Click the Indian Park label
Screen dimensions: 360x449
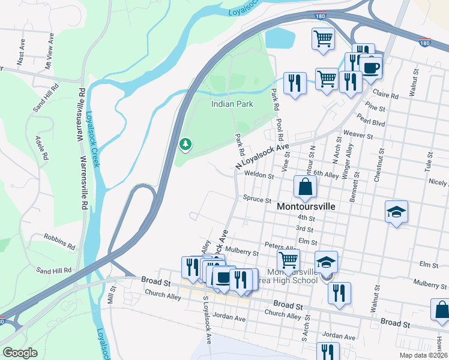pos(232,104)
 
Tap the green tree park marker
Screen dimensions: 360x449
pos(185,144)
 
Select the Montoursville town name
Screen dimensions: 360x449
pos(306,205)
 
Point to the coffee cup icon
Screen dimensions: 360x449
pos(370,67)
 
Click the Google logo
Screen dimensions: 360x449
pos(20,353)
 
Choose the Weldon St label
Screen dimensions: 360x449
pos(259,176)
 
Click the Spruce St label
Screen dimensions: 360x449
pos(258,199)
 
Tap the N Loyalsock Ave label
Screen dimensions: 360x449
pos(262,155)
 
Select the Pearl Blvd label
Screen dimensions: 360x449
pos(369,122)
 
